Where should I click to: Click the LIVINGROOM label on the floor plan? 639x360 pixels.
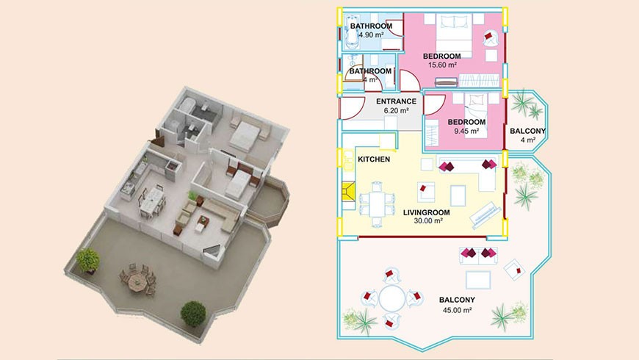[x=426, y=212]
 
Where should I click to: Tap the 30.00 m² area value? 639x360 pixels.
[x=428, y=221]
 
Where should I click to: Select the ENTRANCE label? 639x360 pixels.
[x=396, y=101]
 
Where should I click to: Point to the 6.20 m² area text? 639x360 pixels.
[x=396, y=110]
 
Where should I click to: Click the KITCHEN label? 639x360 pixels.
[x=374, y=159]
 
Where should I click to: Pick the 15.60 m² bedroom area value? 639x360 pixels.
[x=442, y=65]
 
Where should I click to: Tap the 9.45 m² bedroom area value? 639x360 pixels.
[x=466, y=132]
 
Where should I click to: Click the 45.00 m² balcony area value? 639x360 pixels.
[x=458, y=310]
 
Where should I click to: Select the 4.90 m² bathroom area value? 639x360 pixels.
[x=371, y=35]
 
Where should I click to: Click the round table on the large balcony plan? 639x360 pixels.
[x=392, y=298]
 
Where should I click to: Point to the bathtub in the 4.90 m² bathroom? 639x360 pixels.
[x=350, y=32]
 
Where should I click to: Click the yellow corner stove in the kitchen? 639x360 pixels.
[x=349, y=192]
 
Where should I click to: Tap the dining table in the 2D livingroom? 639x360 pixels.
[x=377, y=204]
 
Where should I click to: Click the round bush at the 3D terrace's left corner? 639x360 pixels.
[x=87, y=259]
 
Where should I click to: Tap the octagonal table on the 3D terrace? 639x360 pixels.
[x=136, y=280]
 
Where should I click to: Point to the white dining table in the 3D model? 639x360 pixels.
[x=151, y=200]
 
